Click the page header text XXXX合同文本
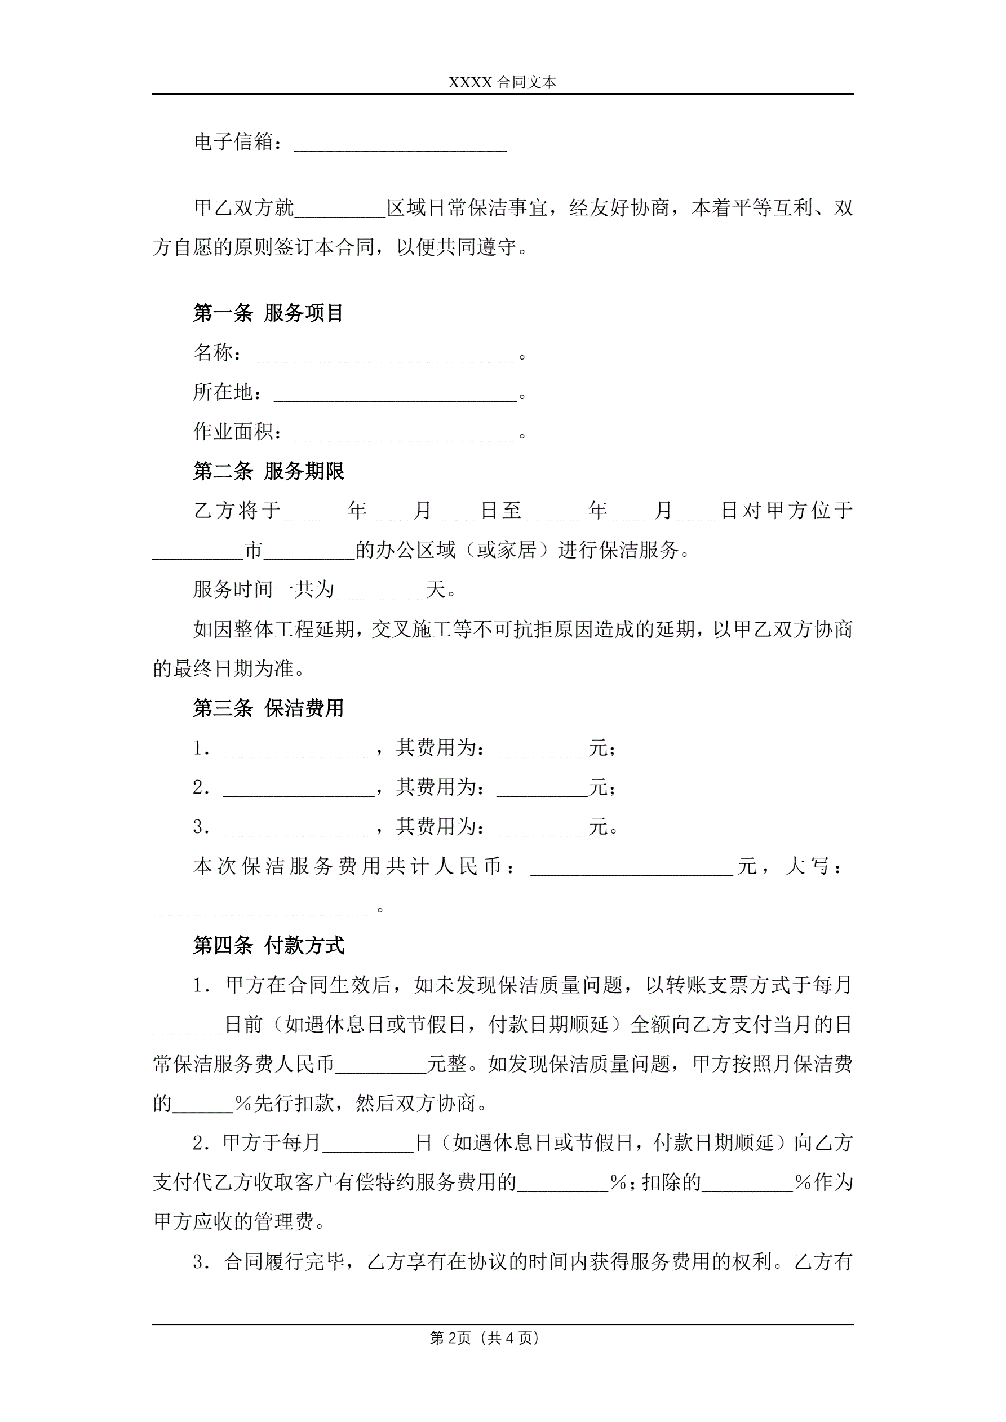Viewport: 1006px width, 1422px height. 502,82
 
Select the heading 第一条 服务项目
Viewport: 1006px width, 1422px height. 268,313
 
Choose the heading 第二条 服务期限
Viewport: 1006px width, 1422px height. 268,471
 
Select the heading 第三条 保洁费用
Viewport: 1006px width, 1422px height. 268,708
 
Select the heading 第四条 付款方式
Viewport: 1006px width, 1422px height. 268,946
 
